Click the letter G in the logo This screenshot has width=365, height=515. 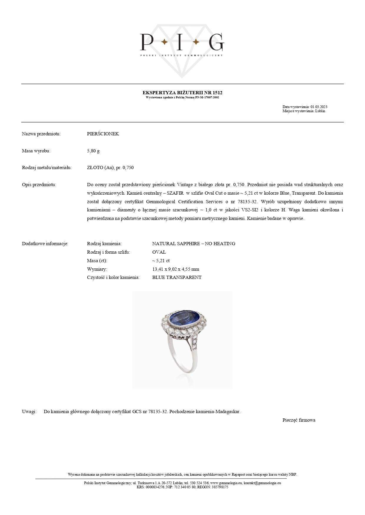click(x=216, y=42)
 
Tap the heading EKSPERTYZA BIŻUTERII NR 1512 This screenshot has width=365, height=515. click(x=182, y=93)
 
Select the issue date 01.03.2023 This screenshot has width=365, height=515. click(x=319, y=107)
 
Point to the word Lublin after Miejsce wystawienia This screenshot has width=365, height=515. click(x=320, y=111)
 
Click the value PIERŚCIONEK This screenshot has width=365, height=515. click(x=103, y=134)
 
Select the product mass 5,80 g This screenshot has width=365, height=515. click(x=93, y=151)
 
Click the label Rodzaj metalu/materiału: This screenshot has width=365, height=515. click(x=47, y=168)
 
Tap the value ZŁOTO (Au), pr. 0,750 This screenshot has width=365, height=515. click(x=110, y=168)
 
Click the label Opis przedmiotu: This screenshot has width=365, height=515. click(x=39, y=185)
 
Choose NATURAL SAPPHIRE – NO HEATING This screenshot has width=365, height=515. click(x=194, y=244)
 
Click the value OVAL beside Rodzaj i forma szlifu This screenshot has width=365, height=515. click(x=159, y=252)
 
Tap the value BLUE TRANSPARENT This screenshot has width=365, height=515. click(x=177, y=277)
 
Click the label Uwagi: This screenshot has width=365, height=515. click(x=29, y=412)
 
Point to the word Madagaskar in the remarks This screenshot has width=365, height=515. click(x=228, y=412)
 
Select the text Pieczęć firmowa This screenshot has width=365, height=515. click(x=299, y=420)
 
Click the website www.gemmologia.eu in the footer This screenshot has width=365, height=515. click(x=226, y=483)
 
